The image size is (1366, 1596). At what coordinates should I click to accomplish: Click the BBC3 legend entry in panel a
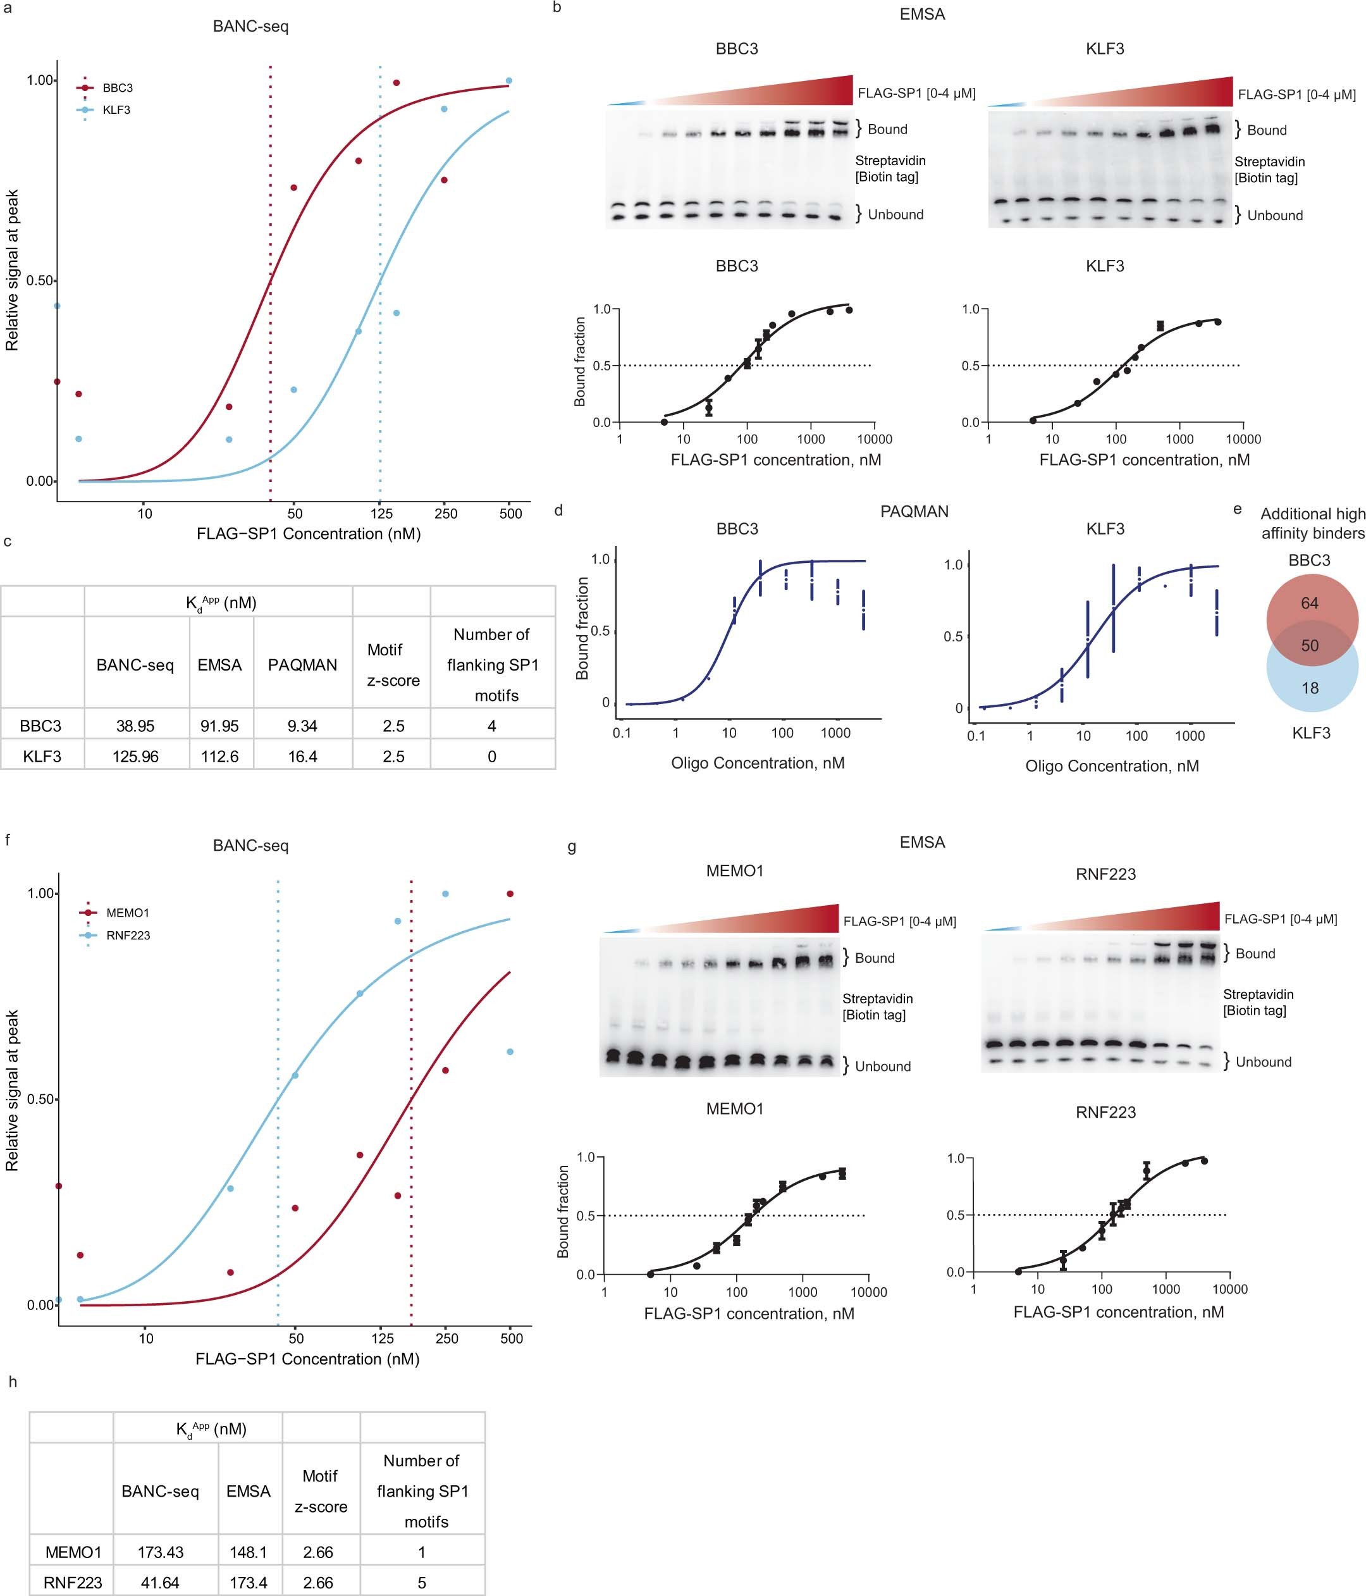coord(117,88)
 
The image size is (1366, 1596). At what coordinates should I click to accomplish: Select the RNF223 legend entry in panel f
coord(128,935)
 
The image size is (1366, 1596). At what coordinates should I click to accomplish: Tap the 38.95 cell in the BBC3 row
coord(135,726)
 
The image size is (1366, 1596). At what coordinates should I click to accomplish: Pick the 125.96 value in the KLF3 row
coord(135,757)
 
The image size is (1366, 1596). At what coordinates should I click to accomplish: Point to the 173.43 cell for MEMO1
coord(160,1552)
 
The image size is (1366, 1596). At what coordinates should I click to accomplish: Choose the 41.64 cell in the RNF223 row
coord(160,1583)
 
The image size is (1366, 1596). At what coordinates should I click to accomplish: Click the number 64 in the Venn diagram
coord(1309,603)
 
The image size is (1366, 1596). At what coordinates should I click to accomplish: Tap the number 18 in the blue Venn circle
coord(1310,688)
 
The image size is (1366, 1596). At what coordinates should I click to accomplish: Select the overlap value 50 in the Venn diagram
coord(1309,645)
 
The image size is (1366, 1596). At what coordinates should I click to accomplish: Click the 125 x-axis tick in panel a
coord(381,514)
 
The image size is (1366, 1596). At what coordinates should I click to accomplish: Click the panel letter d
coord(558,510)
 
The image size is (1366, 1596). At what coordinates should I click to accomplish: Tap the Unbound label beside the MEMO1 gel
coord(882,1066)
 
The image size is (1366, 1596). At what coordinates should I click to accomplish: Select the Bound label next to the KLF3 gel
coord(1267,130)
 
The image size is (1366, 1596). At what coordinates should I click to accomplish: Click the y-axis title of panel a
coord(12,270)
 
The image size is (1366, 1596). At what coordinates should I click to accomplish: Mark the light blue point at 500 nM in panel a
coord(509,81)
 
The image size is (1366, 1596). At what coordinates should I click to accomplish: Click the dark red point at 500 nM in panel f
coord(510,893)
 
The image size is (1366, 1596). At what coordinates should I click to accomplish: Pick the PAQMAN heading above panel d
coord(914,512)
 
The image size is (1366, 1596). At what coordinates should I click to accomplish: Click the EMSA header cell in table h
coord(248,1491)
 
